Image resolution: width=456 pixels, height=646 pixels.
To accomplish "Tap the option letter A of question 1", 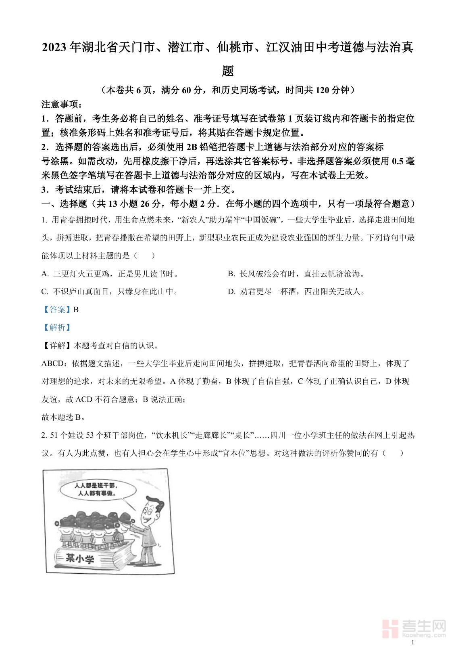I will (45, 274).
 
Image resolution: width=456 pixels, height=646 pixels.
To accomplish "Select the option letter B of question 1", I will (231, 274).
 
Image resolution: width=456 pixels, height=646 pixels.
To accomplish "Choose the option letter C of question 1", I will (45, 292).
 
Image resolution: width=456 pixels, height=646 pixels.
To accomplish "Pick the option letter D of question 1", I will (231, 292).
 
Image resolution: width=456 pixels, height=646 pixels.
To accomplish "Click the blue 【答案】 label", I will (56, 310).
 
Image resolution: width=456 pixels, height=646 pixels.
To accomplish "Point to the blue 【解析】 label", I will (56, 327).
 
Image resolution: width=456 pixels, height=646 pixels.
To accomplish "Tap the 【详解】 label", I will (56, 346).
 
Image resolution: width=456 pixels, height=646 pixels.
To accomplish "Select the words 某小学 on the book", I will (80, 558).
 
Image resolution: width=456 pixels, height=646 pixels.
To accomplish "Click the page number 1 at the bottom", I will (412, 642).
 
